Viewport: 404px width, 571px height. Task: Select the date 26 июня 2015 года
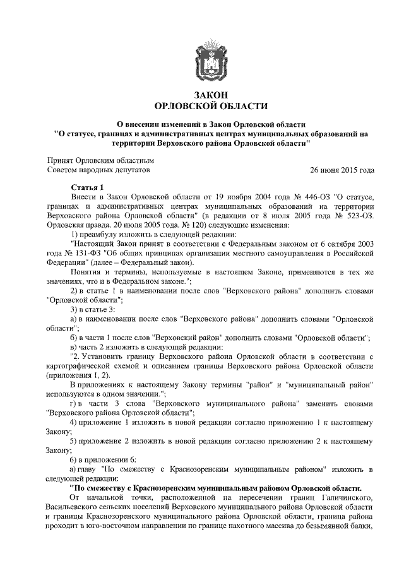[342, 170]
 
